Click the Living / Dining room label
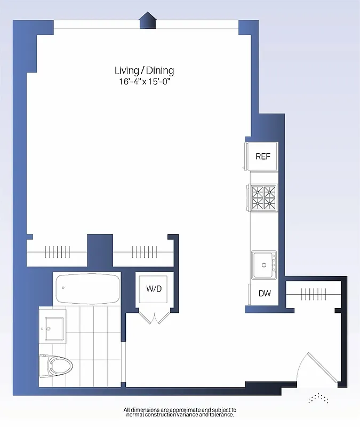coord(144,70)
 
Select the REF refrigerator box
coord(262,156)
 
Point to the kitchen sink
coord(262,265)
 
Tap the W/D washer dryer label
coord(154,289)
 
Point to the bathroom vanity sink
coord(52,325)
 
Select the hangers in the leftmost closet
coord(58,251)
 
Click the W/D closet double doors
coord(154,318)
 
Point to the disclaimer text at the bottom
coord(180,412)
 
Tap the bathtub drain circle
coord(63,288)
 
